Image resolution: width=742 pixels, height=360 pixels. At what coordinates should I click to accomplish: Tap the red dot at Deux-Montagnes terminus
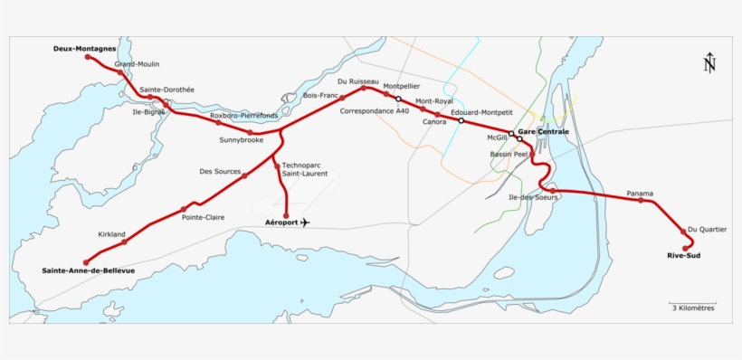click(x=88, y=57)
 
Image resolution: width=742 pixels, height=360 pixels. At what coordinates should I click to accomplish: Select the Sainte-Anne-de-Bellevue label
click(x=88, y=270)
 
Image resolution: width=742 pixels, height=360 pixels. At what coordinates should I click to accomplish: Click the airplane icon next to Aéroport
click(x=304, y=223)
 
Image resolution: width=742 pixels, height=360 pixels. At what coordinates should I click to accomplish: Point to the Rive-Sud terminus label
click(x=683, y=255)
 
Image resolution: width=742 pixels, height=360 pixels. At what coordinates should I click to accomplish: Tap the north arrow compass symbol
click(x=709, y=62)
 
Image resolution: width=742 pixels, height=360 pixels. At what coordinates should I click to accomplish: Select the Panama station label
click(x=639, y=193)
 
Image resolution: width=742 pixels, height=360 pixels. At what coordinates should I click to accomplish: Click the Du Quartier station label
click(x=707, y=229)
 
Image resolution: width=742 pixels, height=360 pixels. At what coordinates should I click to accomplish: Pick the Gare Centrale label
click(x=543, y=132)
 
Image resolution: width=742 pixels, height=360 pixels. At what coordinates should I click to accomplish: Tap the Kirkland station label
click(x=111, y=234)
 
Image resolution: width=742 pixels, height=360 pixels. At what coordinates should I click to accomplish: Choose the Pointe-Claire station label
click(x=203, y=217)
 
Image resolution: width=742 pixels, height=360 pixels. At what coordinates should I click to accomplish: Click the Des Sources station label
click(x=220, y=171)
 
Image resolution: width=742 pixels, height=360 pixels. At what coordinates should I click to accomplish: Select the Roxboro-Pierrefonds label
click(x=243, y=116)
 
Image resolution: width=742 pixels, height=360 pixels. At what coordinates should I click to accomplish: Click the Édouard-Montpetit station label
click(x=481, y=112)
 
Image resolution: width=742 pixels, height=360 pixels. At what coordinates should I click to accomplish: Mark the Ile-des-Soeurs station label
click(x=533, y=197)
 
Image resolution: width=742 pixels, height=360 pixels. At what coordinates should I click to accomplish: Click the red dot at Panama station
click(x=641, y=200)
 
